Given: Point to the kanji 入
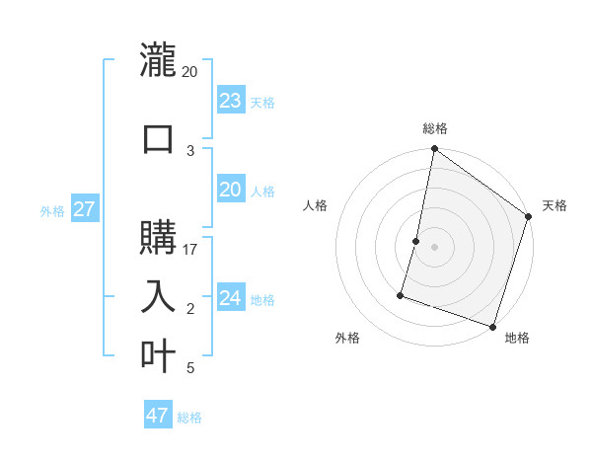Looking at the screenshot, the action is tap(158, 296).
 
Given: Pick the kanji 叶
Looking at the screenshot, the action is tap(158, 355).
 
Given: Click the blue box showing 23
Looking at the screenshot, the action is tap(231, 101).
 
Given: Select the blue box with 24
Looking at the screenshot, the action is tap(231, 298).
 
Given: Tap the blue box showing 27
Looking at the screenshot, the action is tap(84, 209).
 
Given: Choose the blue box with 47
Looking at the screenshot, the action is tap(158, 416).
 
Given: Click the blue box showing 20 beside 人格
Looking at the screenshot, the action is tap(231, 190).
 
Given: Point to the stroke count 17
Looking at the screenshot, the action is tap(190, 250).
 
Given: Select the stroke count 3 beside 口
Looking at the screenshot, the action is tap(190, 150).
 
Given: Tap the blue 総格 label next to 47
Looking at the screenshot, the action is tap(189, 418).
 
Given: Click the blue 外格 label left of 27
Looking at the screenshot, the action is tap(52, 210).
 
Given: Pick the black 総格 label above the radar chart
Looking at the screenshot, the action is tap(434, 128).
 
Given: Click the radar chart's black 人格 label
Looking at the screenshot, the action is tap(316, 205).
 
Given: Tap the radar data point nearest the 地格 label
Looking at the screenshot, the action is tap(492, 326).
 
